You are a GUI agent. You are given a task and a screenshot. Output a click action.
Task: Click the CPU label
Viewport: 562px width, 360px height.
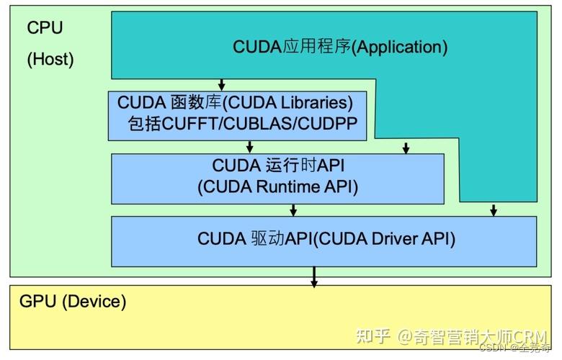pos(45,28)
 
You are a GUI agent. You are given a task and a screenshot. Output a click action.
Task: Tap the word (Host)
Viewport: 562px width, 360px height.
pos(50,59)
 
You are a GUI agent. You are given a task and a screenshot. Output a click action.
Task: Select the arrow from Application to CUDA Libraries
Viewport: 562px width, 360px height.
pos(222,84)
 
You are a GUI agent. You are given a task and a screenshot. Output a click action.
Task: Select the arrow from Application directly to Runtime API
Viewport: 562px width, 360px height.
pos(406,147)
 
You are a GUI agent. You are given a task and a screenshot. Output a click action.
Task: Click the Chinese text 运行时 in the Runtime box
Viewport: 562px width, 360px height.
pos(280,166)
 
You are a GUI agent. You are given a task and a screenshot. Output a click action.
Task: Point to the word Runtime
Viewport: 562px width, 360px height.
pos(289,187)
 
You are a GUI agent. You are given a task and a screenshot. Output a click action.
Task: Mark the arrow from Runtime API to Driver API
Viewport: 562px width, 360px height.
pos(293,210)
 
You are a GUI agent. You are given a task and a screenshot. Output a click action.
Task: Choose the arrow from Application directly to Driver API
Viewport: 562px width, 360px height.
pos(494,210)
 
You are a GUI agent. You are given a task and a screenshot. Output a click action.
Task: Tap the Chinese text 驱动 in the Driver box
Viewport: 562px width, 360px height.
pos(267,238)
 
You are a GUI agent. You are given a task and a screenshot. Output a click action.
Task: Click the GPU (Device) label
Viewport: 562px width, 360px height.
pos(73,302)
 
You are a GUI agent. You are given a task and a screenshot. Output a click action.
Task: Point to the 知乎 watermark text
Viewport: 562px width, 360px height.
pos(375,336)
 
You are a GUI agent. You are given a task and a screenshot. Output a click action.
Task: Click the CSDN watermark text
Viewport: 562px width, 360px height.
pos(493,348)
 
